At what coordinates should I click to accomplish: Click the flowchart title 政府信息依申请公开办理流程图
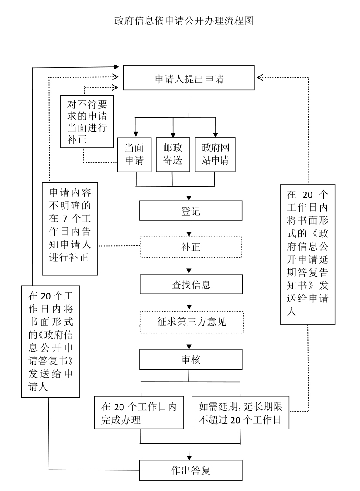[x=184, y=21]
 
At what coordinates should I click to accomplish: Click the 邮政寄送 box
[x=172, y=155]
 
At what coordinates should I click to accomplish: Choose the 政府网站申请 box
[x=215, y=155]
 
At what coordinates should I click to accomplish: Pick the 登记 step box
[x=191, y=211]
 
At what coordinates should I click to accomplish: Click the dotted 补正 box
[x=191, y=247]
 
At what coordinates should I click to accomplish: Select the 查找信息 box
[x=191, y=285]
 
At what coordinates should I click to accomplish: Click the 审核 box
[x=191, y=360]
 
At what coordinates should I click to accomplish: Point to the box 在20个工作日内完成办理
[x=139, y=413]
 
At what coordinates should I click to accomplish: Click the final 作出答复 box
[x=191, y=470]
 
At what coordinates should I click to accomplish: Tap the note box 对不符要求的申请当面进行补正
[x=87, y=121]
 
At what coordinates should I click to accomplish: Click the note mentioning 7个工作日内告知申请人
[x=70, y=228]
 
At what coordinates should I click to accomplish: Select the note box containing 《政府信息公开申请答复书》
[x=51, y=341]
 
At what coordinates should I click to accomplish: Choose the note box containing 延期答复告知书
[x=308, y=254]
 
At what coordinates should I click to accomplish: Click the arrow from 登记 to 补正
[x=189, y=228]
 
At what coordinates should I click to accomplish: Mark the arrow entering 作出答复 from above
[x=189, y=452]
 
